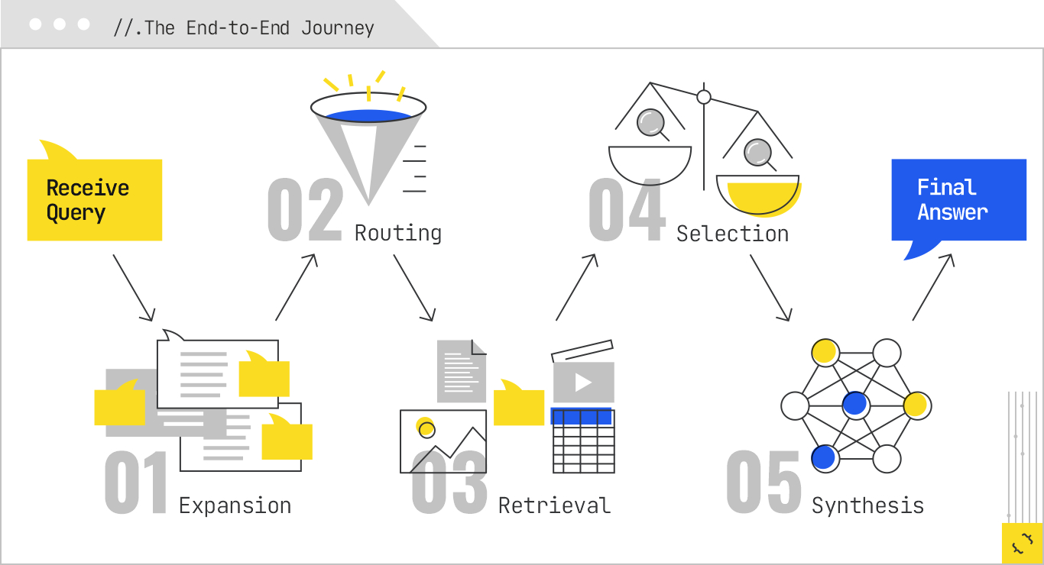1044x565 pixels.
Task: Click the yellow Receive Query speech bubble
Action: [x=94, y=200]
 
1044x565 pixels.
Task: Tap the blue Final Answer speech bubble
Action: [x=958, y=200]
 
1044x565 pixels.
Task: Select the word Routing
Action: [x=398, y=233]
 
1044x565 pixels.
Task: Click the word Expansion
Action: [x=235, y=505]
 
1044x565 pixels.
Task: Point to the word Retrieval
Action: [x=554, y=505]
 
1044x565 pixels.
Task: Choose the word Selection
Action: [x=732, y=233]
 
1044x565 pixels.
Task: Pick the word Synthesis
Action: [x=867, y=505]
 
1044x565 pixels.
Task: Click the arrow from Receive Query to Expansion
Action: [x=134, y=287]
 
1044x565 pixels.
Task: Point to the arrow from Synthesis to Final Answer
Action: [x=933, y=287]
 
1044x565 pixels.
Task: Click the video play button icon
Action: [x=583, y=382]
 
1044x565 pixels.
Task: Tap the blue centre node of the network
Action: [x=855, y=405]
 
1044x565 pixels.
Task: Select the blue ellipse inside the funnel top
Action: [x=368, y=115]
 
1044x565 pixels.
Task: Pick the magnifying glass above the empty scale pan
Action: [x=652, y=122]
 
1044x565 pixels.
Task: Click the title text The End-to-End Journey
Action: [x=244, y=28]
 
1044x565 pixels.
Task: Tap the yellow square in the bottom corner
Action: [x=1022, y=543]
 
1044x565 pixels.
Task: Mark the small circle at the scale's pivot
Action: [x=704, y=97]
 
